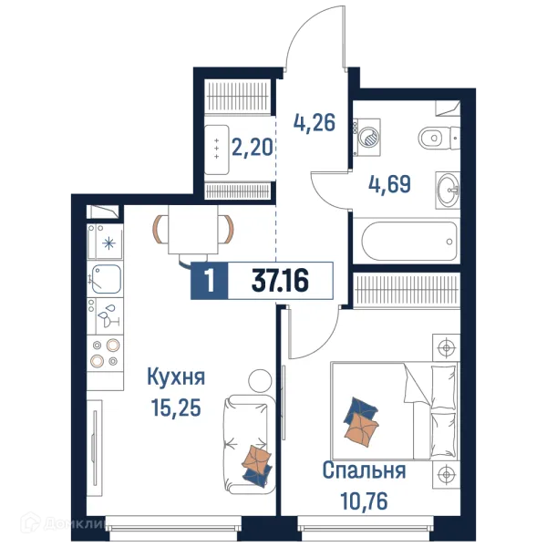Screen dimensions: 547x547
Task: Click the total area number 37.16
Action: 280,281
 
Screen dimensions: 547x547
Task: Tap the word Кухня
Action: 176,377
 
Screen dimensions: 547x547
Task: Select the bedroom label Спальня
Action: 364,470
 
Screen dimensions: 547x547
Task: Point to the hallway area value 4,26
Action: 315,122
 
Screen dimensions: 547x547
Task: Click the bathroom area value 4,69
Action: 389,184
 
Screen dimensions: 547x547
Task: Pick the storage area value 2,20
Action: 252,147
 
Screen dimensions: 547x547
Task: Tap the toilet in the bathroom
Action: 439,138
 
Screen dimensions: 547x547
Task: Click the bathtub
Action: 409,241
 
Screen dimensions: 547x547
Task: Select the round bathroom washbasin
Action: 449,191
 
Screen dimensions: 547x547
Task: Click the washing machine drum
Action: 369,137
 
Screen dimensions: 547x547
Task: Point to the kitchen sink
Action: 107,279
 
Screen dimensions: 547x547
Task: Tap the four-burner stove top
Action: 105,353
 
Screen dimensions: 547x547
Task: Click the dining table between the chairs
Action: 193,230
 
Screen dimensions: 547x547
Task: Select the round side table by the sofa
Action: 260,380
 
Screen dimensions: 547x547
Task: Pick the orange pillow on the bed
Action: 361,429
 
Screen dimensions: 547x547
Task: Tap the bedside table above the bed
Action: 446,347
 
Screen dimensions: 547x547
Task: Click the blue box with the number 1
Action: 210,281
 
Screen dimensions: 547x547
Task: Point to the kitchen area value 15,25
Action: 176,408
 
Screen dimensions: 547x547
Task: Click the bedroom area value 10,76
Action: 364,501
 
